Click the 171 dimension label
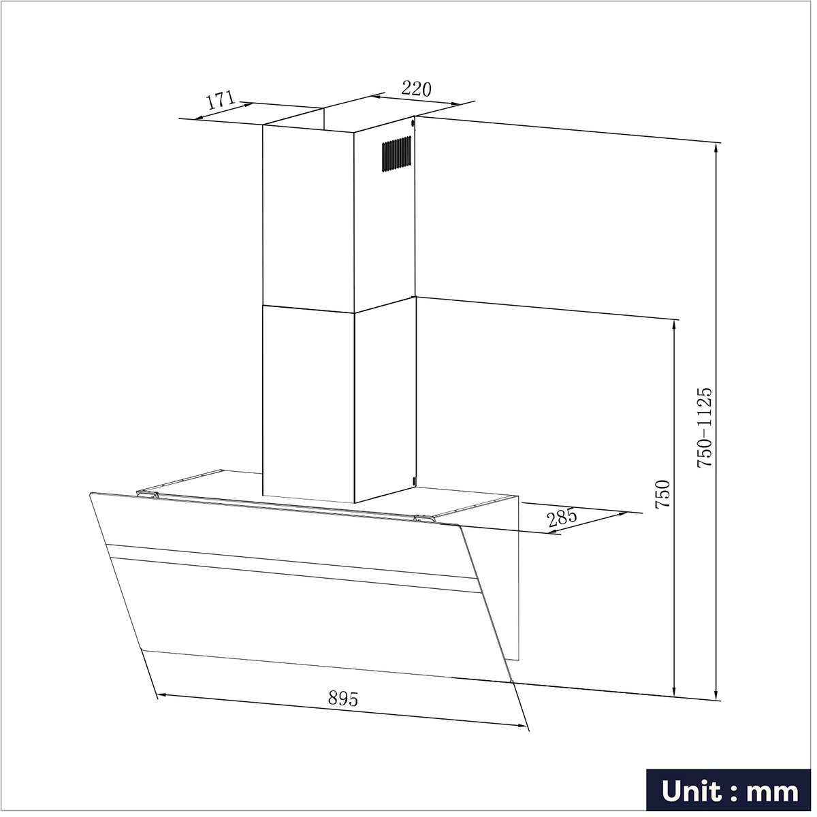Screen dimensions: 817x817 (221, 101)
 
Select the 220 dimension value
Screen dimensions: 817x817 (416, 89)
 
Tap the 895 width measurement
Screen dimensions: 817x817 (343, 699)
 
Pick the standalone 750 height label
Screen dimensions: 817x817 (662, 494)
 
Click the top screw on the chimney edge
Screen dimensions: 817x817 (413, 123)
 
